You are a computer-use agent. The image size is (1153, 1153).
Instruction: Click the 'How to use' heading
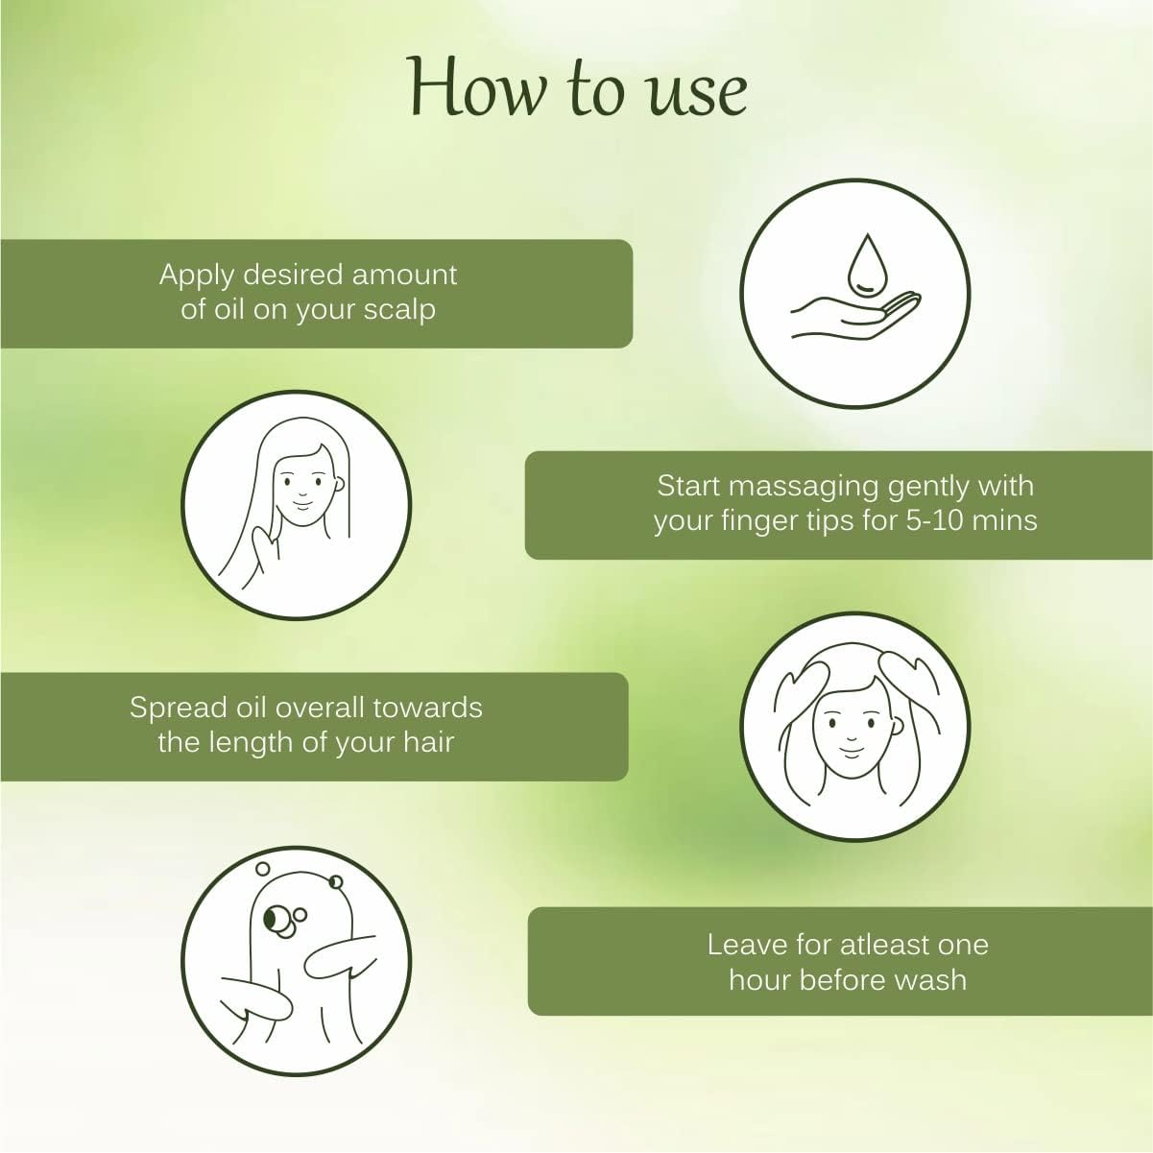pyautogui.click(x=577, y=89)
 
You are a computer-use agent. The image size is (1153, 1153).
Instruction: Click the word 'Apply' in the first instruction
pyautogui.click(x=197, y=276)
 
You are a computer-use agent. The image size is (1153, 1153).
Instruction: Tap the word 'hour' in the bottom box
pyautogui.click(x=760, y=980)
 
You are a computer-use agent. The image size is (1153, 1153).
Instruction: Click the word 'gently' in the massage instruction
pyautogui.click(x=928, y=486)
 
